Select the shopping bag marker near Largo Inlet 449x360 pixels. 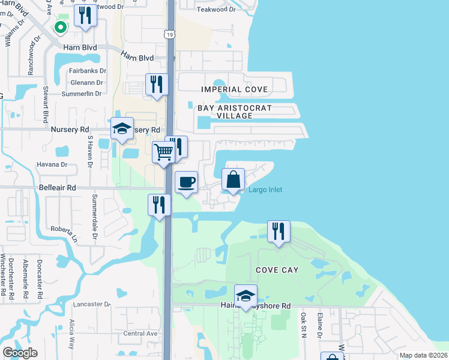pos(233,179)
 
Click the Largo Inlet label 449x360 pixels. pos(265,190)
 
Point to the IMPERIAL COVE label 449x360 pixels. pos(234,89)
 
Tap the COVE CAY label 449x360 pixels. pos(277,270)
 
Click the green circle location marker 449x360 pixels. pos(60,26)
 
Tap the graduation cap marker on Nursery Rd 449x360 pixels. pos(122,128)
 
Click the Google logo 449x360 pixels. pos(20,353)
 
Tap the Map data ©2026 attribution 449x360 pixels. pos(423,355)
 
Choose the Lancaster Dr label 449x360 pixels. pos(92,304)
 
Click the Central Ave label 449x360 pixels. pos(140,334)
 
